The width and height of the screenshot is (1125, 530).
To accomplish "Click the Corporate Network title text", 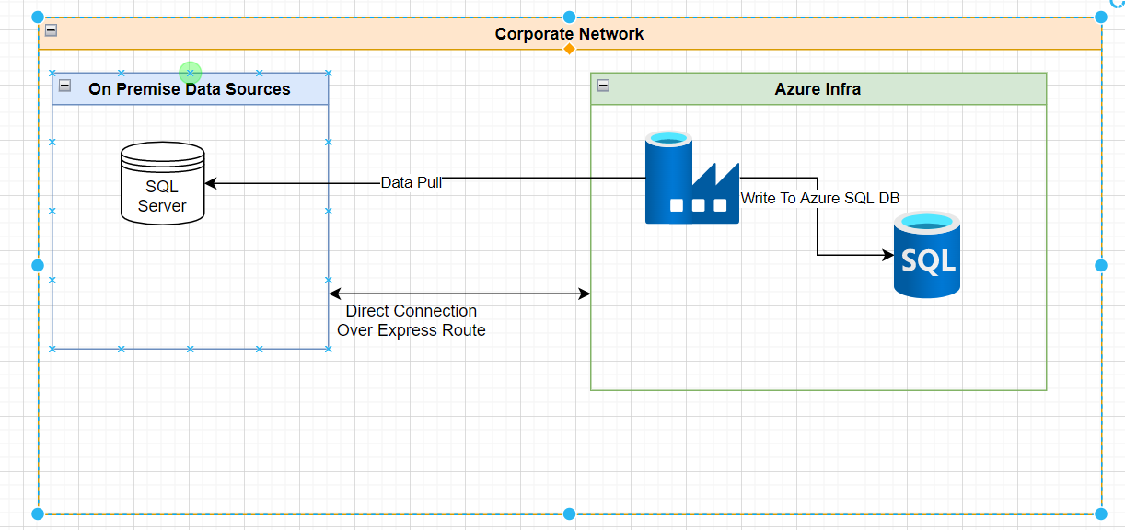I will click(569, 34).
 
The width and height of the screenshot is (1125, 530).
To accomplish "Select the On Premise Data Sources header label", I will click(190, 89).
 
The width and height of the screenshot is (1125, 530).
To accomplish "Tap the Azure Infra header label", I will click(818, 89).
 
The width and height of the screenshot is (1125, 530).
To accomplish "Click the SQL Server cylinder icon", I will click(163, 183).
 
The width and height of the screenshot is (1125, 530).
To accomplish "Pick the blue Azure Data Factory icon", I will click(691, 179).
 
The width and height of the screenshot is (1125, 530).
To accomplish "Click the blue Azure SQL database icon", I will click(926, 255).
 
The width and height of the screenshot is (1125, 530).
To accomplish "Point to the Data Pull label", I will click(412, 182).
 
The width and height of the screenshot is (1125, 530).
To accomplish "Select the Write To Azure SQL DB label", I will click(820, 198).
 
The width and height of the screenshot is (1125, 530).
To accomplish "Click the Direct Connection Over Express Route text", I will click(411, 320).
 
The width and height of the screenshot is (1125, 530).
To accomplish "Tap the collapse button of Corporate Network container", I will click(52, 30).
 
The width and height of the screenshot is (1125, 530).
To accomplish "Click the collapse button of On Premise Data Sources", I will click(65, 86).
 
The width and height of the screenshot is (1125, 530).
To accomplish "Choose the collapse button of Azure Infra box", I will click(603, 86).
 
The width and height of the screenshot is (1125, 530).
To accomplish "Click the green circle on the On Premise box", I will click(190, 72).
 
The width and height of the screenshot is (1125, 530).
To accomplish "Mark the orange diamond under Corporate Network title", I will click(569, 49).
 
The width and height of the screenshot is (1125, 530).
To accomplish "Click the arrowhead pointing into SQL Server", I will click(210, 183).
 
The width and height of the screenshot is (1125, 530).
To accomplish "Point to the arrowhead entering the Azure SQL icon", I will click(887, 255).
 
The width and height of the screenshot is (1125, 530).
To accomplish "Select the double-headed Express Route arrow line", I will click(460, 294).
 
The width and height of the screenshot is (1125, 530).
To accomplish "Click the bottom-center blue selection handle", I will click(569, 513).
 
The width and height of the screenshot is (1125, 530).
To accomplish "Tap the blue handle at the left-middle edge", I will click(38, 265).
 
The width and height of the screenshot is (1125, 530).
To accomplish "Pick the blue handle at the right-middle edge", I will click(1101, 265).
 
